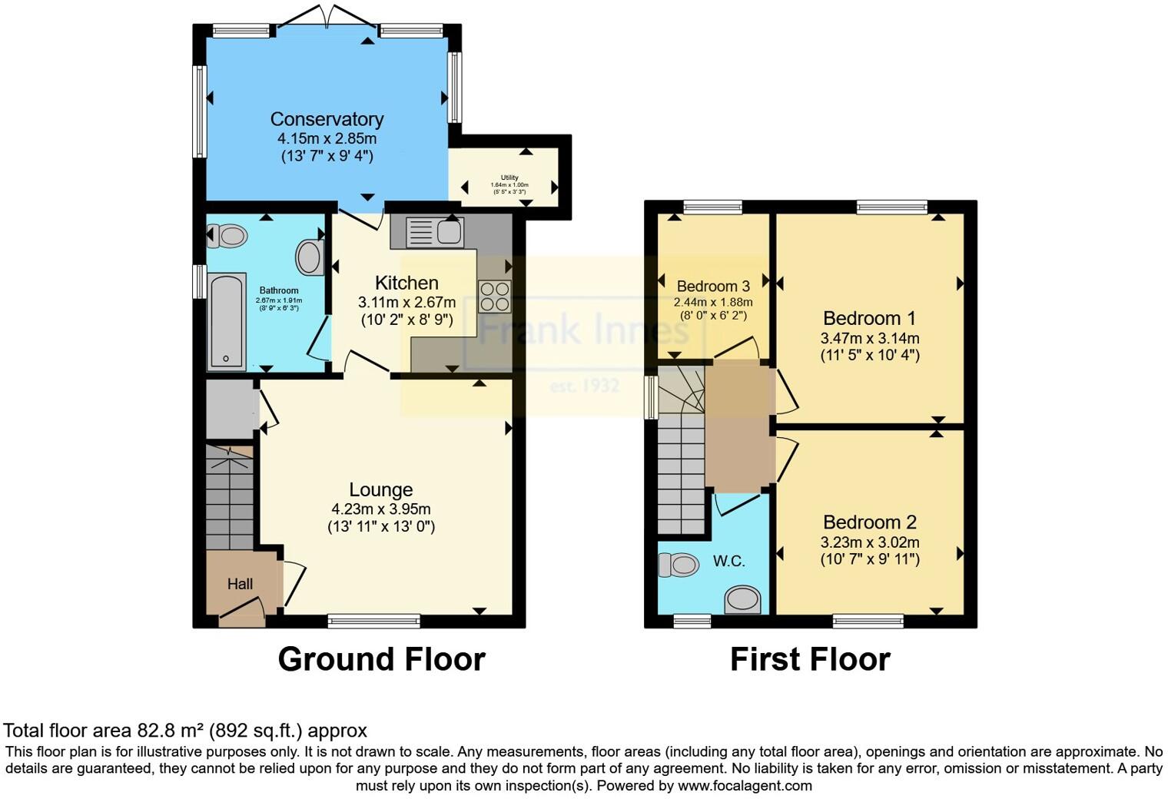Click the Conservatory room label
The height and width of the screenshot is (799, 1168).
[327, 119]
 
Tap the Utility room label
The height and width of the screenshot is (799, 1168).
[509, 177]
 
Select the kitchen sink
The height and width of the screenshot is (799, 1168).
[434, 232]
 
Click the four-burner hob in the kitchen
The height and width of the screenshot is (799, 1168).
[495, 297]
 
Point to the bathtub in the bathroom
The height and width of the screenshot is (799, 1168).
[227, 321]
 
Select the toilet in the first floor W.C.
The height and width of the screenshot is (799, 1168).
[679, 565]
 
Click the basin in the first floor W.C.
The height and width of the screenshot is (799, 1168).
[743, 599]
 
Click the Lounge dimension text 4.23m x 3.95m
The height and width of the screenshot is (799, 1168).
[380, 509]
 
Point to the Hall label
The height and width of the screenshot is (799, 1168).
[240, 585]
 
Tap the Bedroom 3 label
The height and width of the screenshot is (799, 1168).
[713, 286]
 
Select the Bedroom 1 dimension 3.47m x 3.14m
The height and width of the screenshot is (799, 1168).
[870, 338]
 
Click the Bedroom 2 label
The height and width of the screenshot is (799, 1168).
[870, 522]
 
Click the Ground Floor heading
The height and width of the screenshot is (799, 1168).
[381, 659]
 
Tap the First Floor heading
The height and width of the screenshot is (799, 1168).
[810, 659]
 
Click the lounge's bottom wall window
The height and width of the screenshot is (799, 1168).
[373, 619]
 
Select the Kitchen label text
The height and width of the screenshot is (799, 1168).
[406, 283]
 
